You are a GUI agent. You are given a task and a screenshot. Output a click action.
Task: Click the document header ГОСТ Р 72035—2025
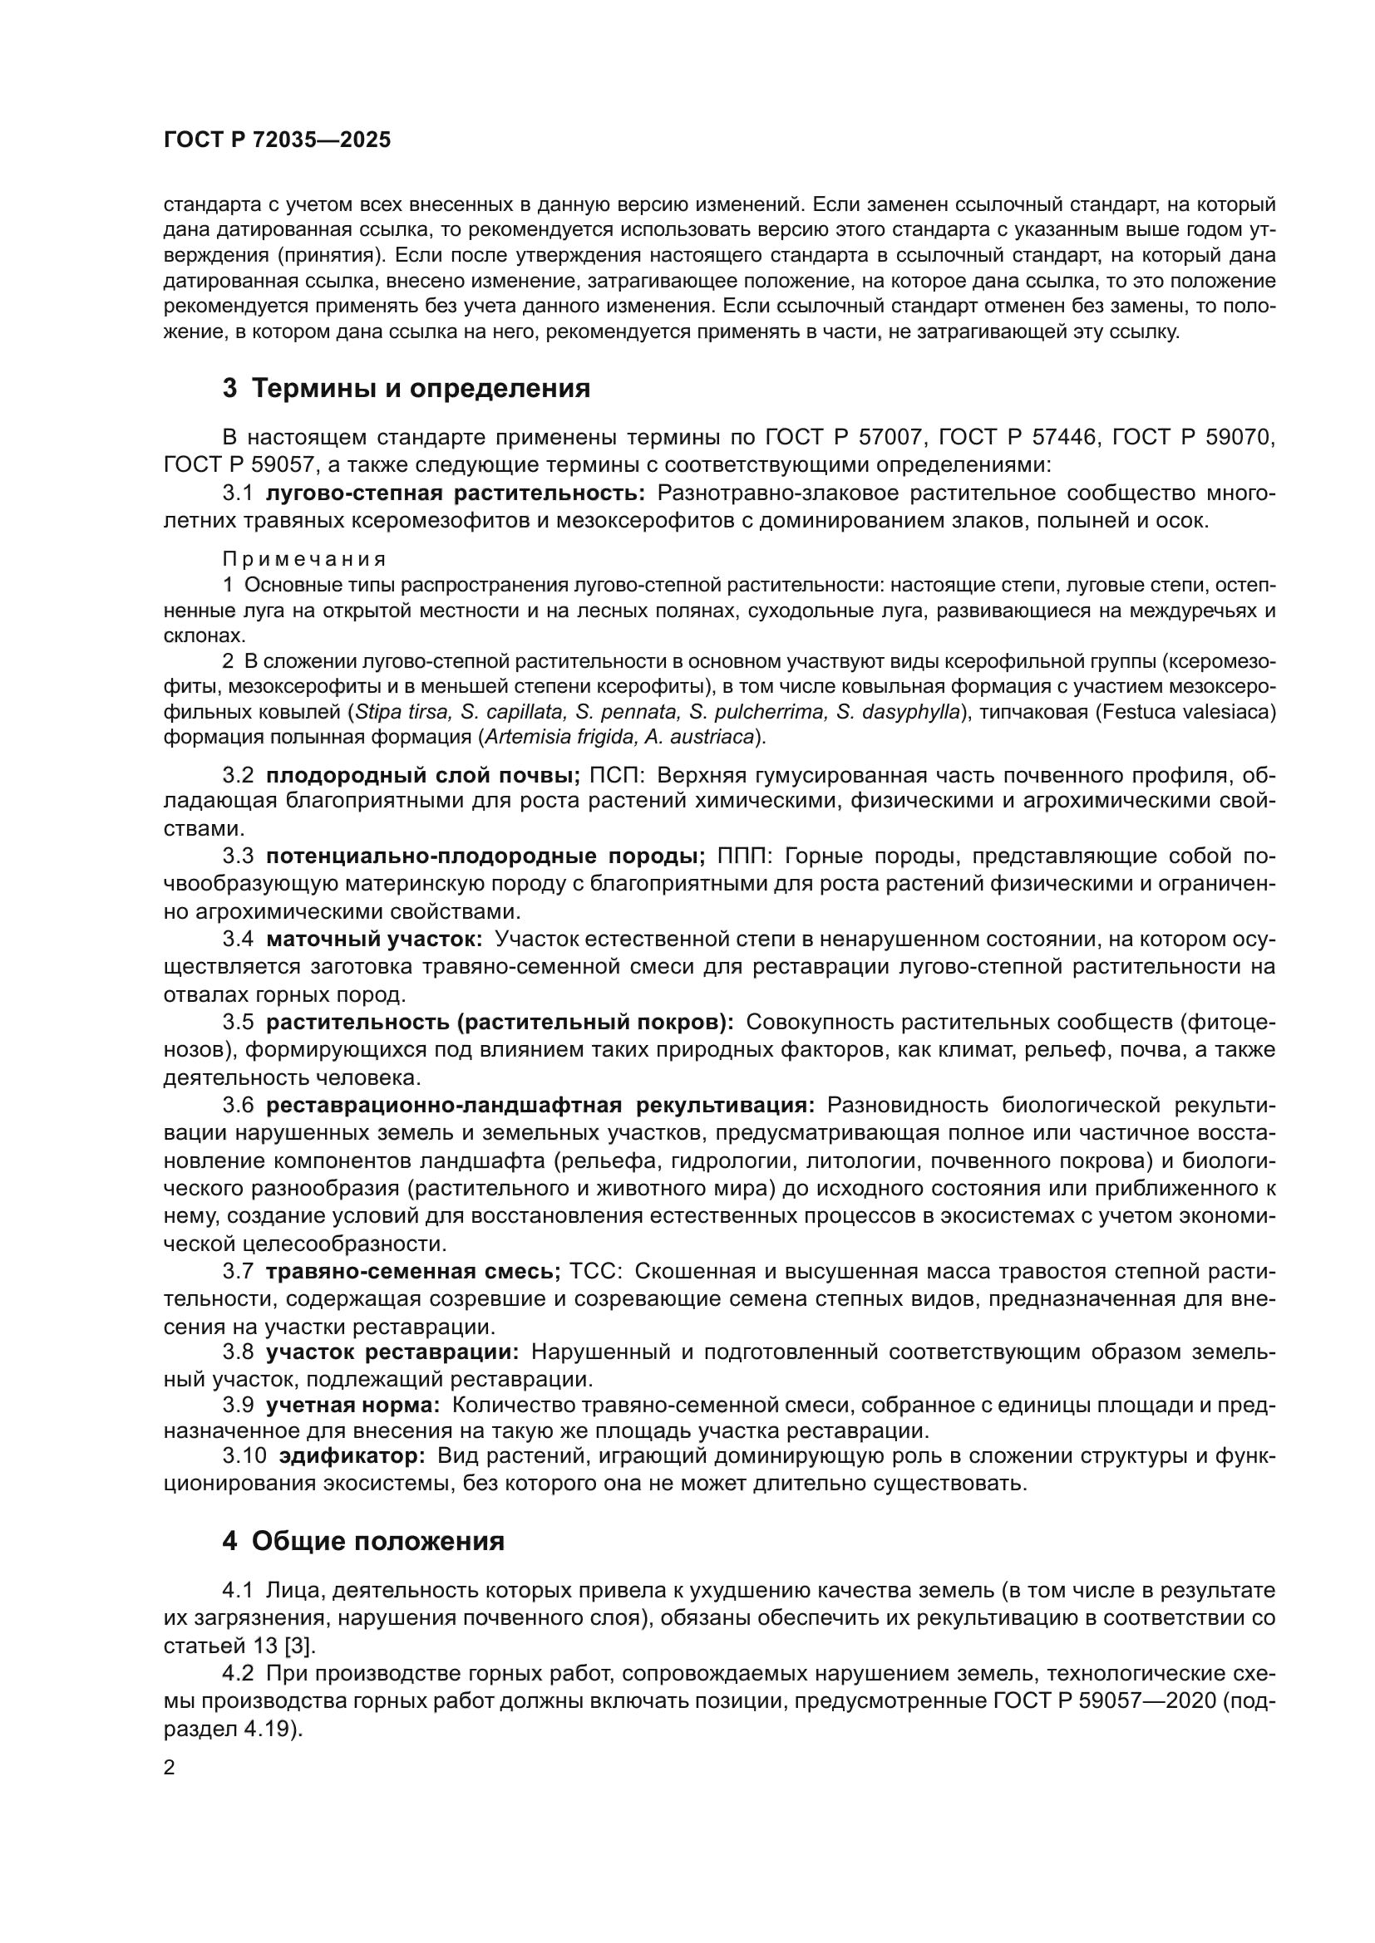(x=277, y=140)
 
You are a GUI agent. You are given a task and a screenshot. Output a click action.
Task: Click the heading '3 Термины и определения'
(x=407, y=389)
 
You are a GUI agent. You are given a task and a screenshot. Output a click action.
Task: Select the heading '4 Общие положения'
(x=363, y=1541)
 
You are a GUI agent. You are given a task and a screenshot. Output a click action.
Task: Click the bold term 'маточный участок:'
(x=374, y=939)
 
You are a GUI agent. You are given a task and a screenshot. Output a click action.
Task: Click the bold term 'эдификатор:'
(x=352, y=1456)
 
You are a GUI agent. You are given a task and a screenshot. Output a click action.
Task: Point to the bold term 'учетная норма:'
(x=353, y=1406)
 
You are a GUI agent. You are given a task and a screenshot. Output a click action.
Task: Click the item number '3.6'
(x=238, y=1106)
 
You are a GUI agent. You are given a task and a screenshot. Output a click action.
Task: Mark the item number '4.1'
(x=238, y=1591)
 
